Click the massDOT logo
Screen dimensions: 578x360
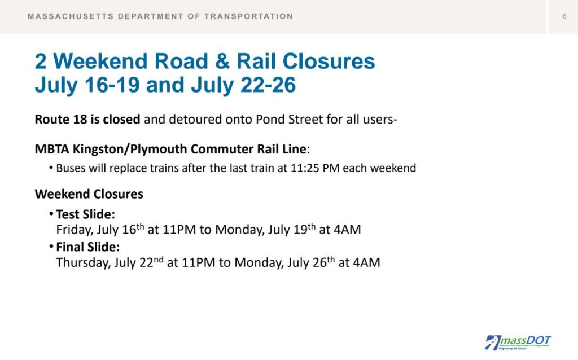tap(518, 343)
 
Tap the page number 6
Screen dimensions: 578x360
tap(564, 16)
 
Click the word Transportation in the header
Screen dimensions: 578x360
tap(248, 16)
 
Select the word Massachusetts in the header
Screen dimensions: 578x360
tap(71, 16)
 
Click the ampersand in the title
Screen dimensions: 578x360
tap(222, 61)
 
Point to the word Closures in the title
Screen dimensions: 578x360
tap(329, 61)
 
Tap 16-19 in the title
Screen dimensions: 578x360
tap(112, 85)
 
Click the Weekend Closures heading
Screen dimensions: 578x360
tap(89, 194)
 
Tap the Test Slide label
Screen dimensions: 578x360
tap(86, 214)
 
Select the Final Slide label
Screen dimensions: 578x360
tap(87, 247)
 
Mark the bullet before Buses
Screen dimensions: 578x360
tap(51, 168)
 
